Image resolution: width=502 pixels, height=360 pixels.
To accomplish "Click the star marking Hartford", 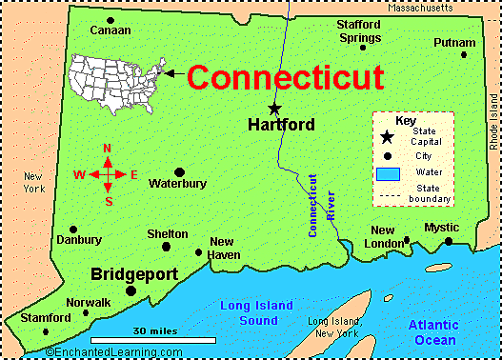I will click(x=274, y=108).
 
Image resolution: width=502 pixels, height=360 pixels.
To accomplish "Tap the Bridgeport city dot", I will click(x=131, y=290).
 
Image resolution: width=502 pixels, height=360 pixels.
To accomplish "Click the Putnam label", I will click(x=453, y=43).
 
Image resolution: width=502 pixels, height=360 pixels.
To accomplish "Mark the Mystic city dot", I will click(x=449, y=242).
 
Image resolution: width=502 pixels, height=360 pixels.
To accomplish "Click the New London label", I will click(x=383, y=236).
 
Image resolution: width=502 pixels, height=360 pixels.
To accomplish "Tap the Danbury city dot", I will click(x=73, y=230).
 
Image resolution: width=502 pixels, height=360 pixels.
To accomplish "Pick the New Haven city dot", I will click(x=198, y=252).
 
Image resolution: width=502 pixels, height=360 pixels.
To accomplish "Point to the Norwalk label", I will click(x=89, y=302).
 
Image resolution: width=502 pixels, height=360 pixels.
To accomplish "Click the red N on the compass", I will click(x=108, y=149).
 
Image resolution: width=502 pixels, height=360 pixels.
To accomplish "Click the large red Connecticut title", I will click(x=285, y=77).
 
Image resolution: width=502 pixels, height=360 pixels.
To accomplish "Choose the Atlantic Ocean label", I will click(x=434, y=332).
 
